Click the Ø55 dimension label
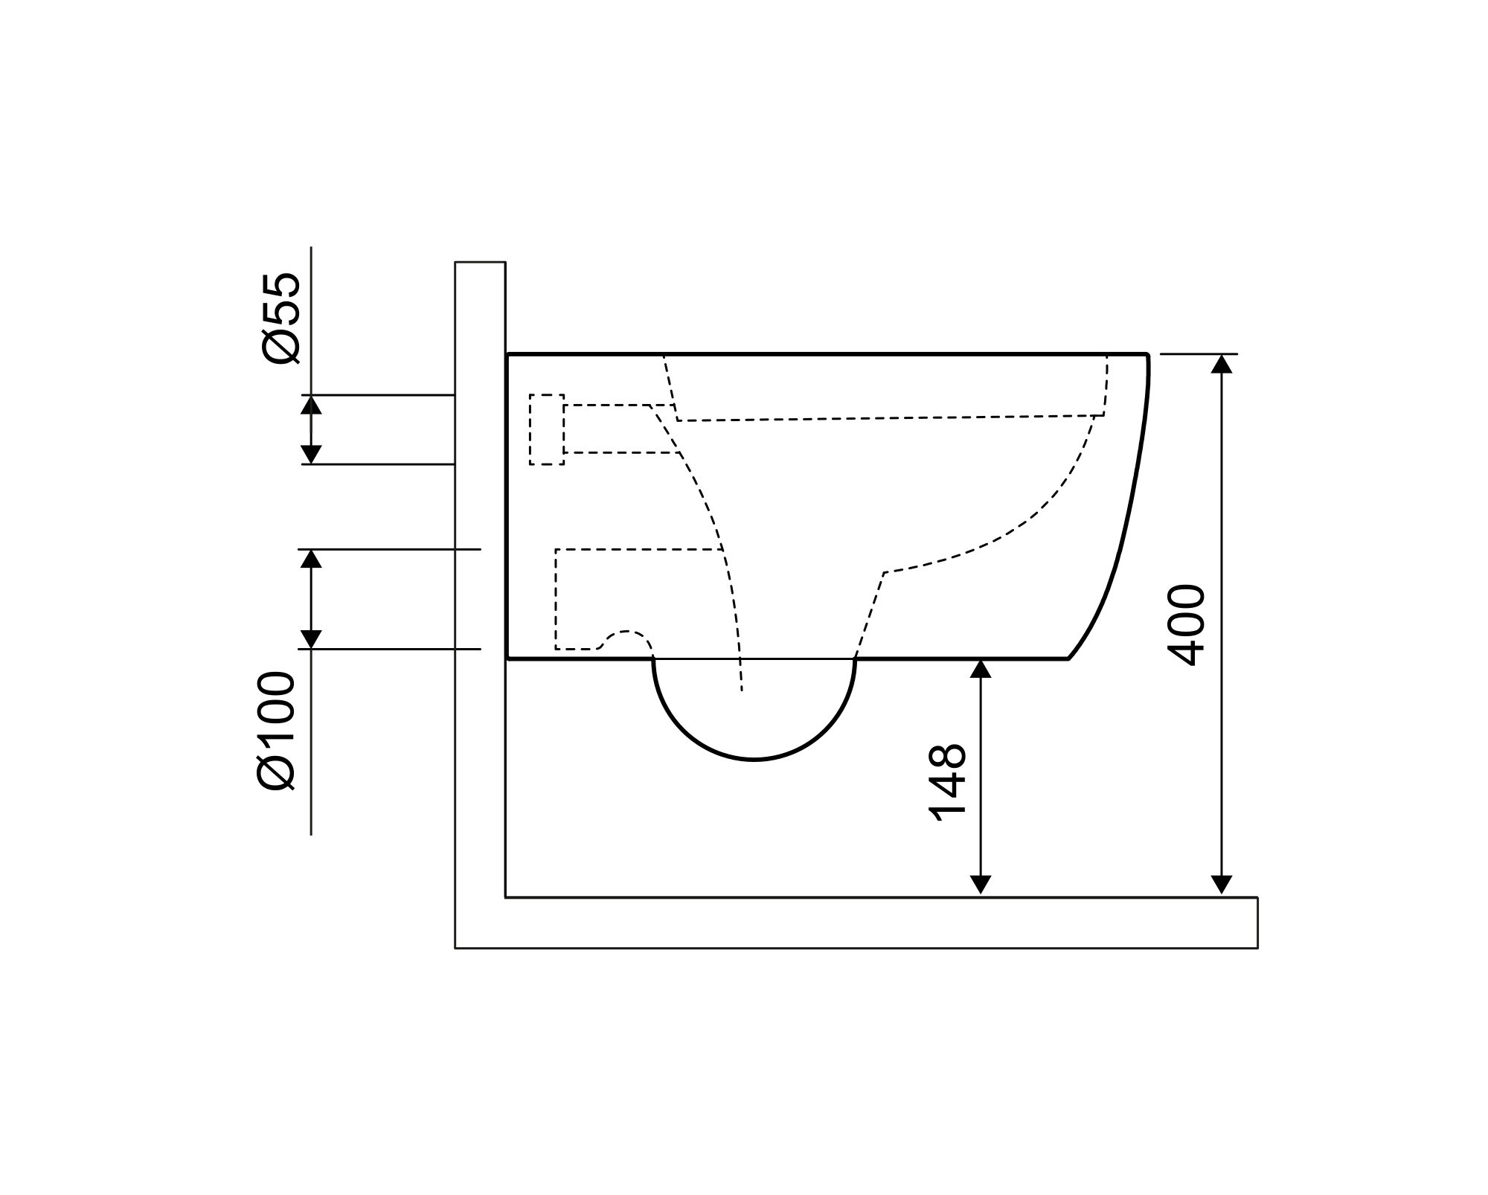281,318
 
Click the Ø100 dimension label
276,730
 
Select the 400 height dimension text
1186,625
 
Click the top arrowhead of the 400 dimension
1221,364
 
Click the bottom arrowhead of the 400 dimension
1221,885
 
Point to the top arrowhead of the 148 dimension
981,669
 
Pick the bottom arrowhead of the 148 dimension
981,885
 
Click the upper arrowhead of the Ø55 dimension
311,405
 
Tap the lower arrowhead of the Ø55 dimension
311,455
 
